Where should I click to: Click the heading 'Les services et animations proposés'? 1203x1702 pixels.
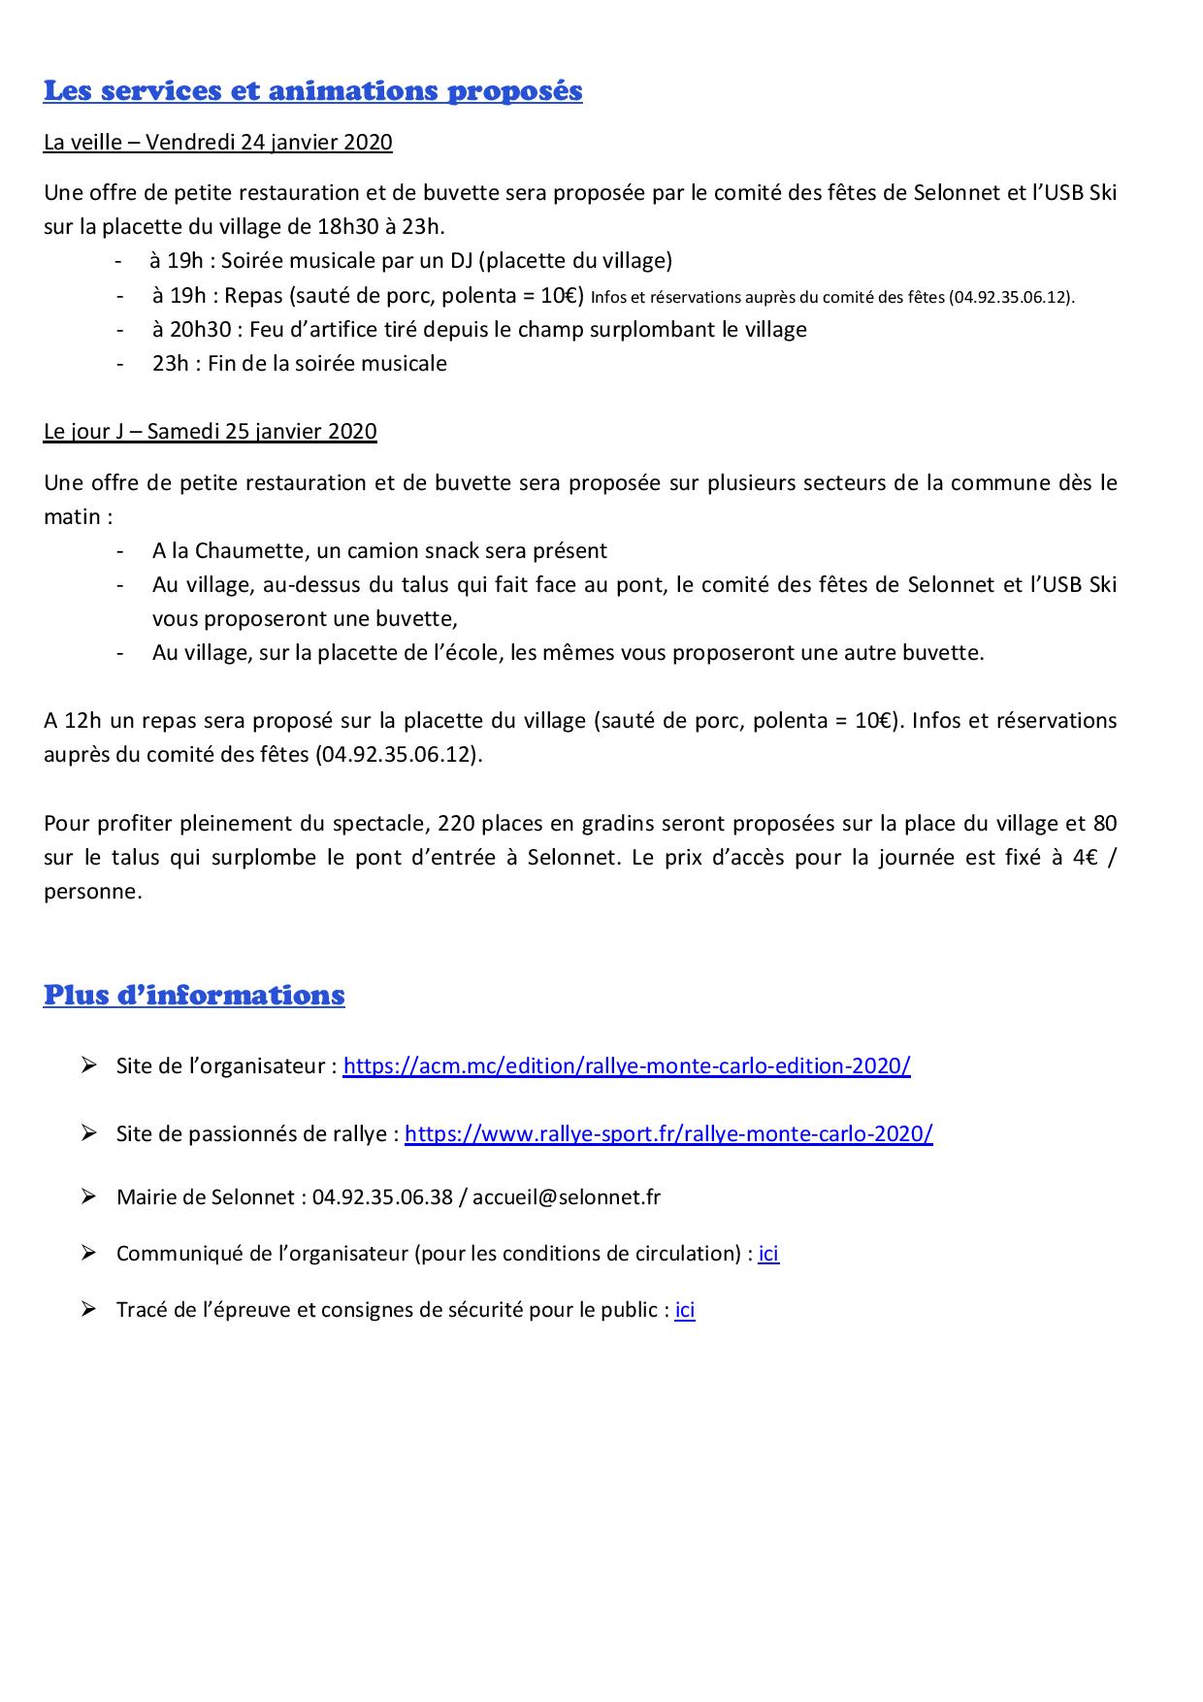312,91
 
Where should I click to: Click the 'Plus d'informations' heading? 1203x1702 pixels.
194,996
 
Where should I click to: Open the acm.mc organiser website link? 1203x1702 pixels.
627,1066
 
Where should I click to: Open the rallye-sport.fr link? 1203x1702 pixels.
668,1134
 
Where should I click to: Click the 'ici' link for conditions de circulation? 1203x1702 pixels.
768,1254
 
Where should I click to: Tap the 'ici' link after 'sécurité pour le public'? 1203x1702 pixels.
685,1310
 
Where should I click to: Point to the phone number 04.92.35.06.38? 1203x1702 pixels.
382,1197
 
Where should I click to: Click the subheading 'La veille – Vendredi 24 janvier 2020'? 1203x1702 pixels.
218,143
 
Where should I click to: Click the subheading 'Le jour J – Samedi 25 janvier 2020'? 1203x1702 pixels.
211,432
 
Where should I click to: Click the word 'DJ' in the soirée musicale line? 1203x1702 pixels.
458,261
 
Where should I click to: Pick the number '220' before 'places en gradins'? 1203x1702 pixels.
456,824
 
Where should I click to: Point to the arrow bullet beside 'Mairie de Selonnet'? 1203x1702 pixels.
89,1196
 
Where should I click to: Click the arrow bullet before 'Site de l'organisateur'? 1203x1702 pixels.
89,1065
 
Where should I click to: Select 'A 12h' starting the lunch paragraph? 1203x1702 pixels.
72,721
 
